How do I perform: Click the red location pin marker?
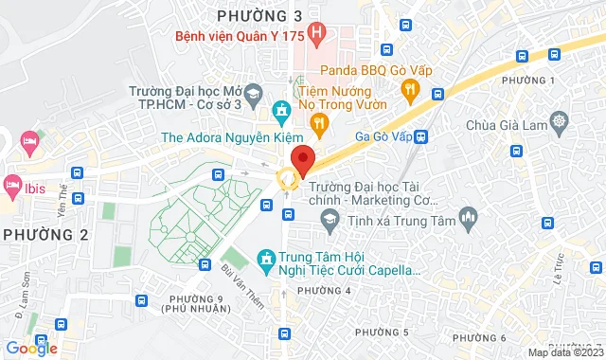coord(302,160)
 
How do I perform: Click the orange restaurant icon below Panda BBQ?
coord(410,90)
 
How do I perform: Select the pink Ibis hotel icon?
coord(12,182)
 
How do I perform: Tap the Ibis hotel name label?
coord(36,183)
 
